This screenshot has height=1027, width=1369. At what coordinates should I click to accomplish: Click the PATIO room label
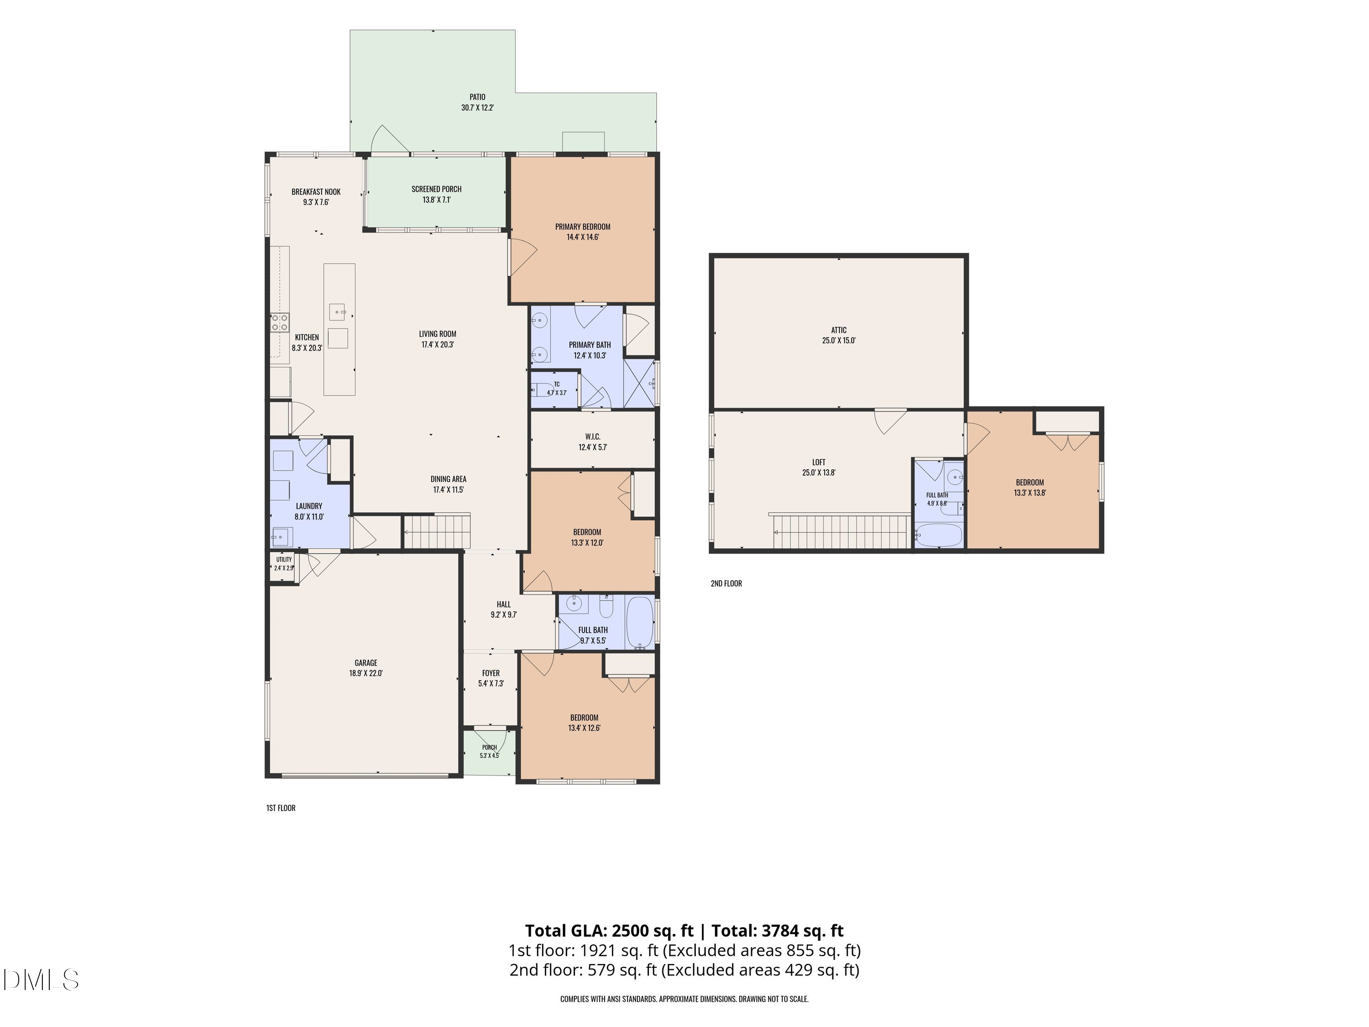pyautogui.click(x=477, y=97)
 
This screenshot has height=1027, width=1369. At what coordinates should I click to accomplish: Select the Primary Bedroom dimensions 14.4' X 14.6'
pyautogui.click(x=582, y=237)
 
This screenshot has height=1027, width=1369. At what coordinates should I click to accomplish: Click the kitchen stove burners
pyautogui.click(x=280, y=323)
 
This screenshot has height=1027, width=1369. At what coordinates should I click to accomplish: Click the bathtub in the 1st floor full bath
pyautogui.click(x=640, y=622)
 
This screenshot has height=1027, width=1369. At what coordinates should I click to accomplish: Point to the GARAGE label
pyautogui.click(x=366, y=663)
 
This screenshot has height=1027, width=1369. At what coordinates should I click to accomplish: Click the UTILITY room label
pyautogui.click(x=284, y=560)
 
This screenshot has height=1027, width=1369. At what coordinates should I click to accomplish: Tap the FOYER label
pyautogui.click(x=491, y=673)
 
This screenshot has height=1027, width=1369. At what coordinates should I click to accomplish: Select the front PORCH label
pyautogui.click(x=489, y=747)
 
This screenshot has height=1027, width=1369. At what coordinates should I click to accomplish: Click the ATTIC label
pyautogui.click(x=839, y=330)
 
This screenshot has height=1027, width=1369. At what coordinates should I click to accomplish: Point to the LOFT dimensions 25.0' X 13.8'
pyautogui.click(x=818, y=473)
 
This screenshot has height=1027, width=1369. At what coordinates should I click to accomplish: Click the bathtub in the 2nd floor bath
pyautogui.click(x=938, y=535)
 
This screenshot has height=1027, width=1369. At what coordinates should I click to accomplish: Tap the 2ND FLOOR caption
pyautogui.click(x=726, y=583)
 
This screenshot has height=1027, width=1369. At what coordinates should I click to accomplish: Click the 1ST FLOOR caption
pyautogui.click(x=281, y=808)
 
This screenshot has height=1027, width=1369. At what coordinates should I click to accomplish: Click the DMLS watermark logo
pyautogui.click(x=41, y=980)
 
